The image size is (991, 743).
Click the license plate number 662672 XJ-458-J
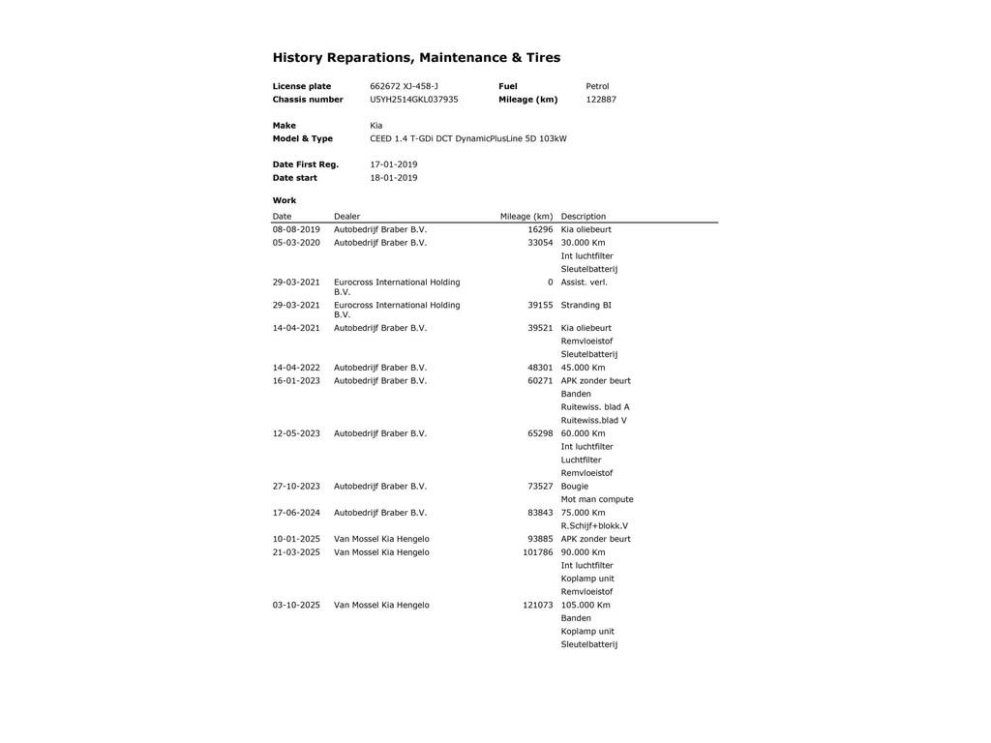tap(404, 86)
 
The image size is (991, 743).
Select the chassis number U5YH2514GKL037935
tap(414, 100)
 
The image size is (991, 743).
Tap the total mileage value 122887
tap(601, 100)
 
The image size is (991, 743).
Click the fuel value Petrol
tap(597, 86)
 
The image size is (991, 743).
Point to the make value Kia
tap(376, 126)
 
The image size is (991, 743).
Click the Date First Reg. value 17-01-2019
tap(394, 164)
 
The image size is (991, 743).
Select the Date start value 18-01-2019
tap(394, 178)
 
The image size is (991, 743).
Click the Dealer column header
tap(346, 217)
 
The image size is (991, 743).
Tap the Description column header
tap(584, 217)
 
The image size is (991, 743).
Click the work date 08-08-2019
tap(296, 230)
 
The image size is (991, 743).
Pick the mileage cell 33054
tap(540, 243)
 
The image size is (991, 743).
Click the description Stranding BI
tap(586, 306)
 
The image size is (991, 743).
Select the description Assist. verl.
tap(585, 282)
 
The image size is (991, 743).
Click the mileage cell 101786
tap(538, 552)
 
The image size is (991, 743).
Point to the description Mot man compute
tap(597, 500)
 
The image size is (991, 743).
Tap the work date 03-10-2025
tap(296, 606)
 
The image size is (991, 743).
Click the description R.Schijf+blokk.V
tap(594, 526)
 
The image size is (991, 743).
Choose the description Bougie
tap(575, 487)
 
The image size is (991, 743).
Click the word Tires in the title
tap(543, 58)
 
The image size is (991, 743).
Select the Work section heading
tap(285, 201)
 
